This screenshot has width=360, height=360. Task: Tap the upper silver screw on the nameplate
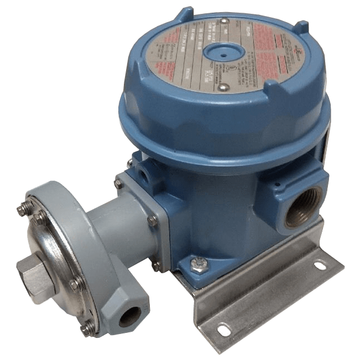(x=225, y=22)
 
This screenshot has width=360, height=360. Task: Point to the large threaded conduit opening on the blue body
(x=299, y=208)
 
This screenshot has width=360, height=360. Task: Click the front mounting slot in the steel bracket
(x=224, y=330)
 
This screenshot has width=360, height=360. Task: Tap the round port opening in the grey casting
(x=131, y=317)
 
